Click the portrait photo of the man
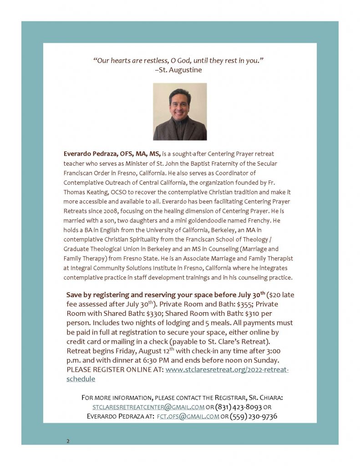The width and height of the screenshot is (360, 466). click(x=180, y=111)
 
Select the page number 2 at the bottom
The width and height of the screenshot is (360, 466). click(x=68, y=441)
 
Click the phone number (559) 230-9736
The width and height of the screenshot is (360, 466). click(x=254, y=416)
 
